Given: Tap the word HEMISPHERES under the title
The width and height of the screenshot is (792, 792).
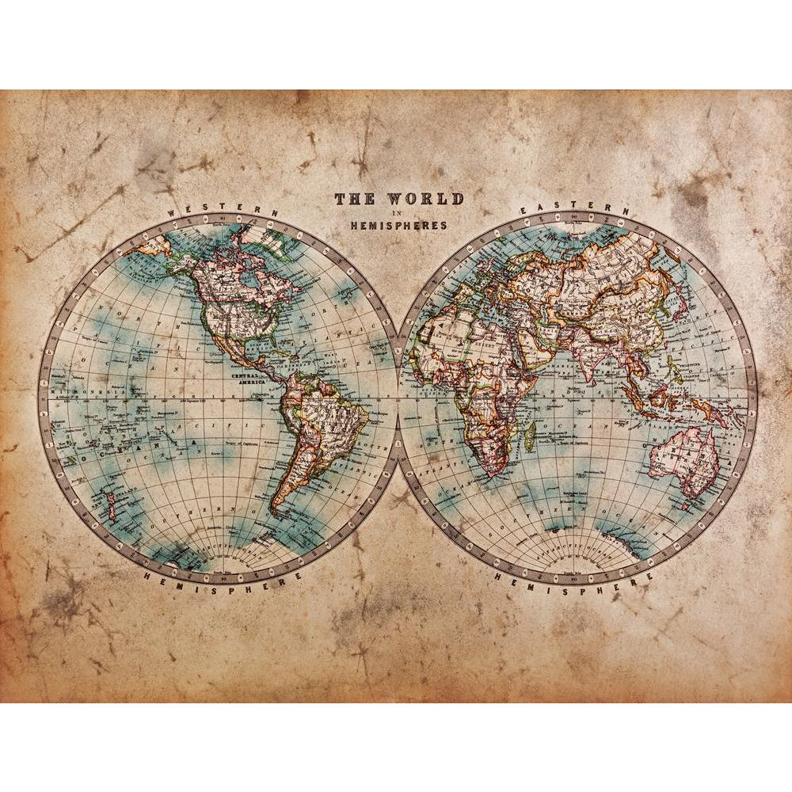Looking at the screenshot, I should [399, 225].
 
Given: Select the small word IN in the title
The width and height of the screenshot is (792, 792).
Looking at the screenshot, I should [398, 213].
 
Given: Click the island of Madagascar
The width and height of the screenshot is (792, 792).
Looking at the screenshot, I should [530, 432].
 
